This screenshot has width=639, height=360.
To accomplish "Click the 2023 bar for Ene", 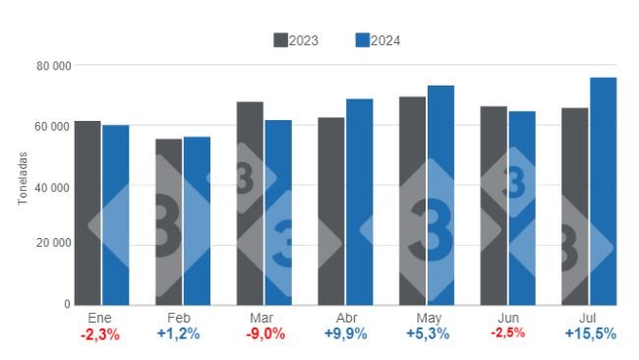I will [87, 212].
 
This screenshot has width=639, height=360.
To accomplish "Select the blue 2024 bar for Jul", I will [603, 191].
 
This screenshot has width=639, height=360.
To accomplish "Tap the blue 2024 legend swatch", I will [361, 40].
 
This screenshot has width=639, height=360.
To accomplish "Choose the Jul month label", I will [589, 318].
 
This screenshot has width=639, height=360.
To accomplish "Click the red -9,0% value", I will [263, 334].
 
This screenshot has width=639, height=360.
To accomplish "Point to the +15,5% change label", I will [590, 334].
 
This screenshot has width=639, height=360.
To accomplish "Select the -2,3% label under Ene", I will [101, 334].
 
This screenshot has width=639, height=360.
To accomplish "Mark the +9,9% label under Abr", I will [345, 334].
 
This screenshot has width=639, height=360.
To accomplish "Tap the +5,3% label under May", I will [427, 334].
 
